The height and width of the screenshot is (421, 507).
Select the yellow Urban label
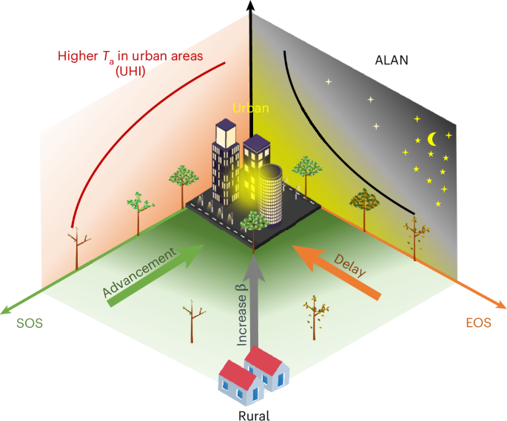point(251,107)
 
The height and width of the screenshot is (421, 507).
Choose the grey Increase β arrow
point(253,311)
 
